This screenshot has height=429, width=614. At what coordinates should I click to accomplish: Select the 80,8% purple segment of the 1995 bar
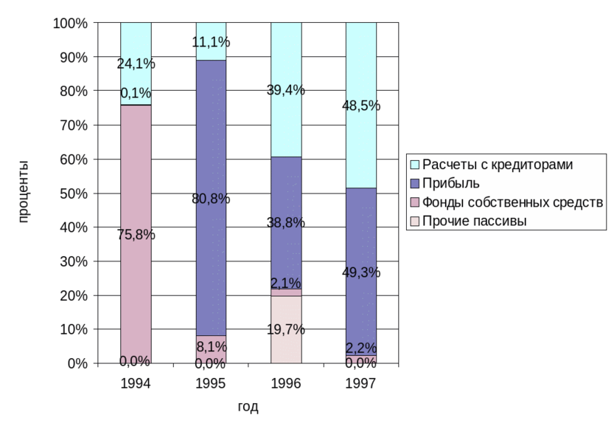[x=211, y=148]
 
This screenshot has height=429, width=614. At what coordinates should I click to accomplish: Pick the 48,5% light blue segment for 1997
[x=361, y=74]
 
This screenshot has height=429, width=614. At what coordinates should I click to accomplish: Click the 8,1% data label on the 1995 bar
[x=211, y=345]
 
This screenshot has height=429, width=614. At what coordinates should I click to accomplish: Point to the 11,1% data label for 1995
[x=211, y=42]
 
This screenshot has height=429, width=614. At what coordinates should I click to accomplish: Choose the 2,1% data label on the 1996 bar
[x=286, y=283]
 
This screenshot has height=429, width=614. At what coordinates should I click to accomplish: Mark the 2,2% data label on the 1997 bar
[x=361, y=348]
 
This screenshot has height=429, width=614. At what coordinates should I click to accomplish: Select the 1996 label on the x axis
[x=286, y=383]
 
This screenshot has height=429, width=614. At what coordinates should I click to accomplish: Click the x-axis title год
[x=248, y=407]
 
